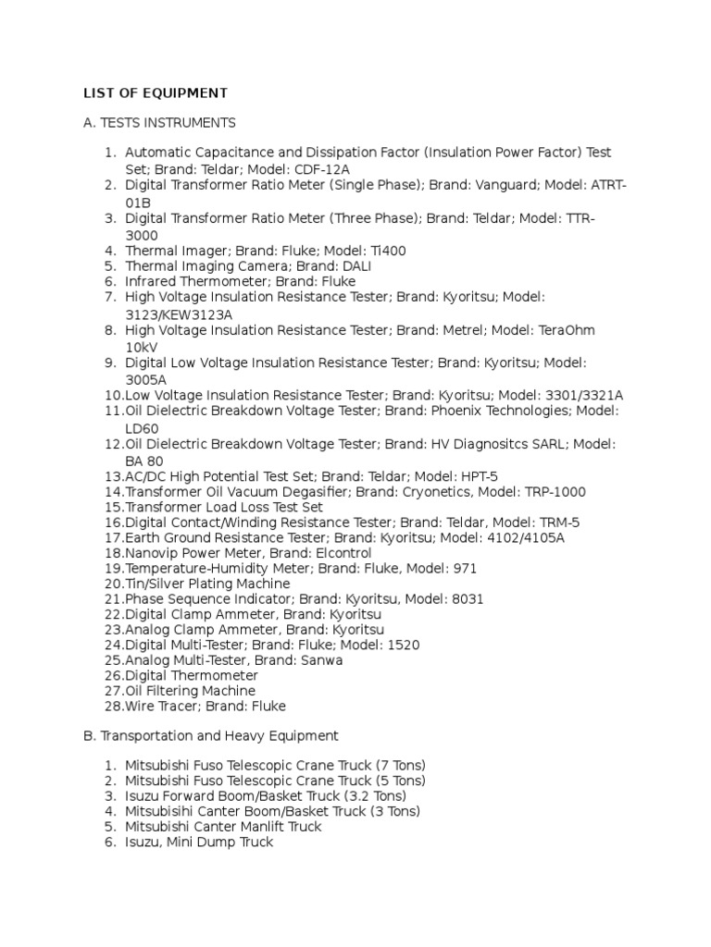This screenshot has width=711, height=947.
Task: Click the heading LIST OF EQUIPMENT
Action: pyautogui.click(x=155, y=92)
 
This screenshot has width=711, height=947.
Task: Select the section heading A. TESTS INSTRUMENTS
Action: pyautogui.click(x=159, y=123)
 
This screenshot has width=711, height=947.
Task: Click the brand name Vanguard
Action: pyautogui.click(x=506, y=185)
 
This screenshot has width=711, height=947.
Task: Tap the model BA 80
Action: pyautogui.click(x=143, y=461)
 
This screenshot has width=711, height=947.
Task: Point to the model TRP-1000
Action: pyautogui.click(x=543, y=492)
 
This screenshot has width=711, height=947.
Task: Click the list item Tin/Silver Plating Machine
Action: pyautogui.click(x=207, y=584)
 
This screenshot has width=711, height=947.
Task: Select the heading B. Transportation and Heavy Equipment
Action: pyautogui.click(x=210, y=736)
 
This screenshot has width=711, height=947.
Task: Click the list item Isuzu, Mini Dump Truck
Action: pyautogui.click(x=199, y=842)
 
